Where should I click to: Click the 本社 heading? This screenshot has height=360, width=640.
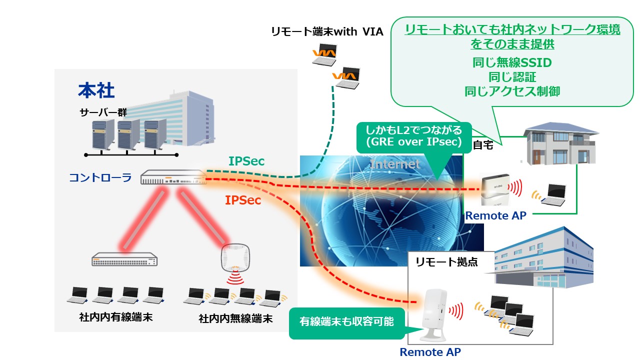coord(96,90)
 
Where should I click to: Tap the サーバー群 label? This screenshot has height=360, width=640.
coord(103,112)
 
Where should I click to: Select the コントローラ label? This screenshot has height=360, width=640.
coord(100,177)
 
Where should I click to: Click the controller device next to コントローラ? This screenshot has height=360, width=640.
coord(173,177)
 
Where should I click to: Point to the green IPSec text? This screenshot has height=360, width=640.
coord(246,161)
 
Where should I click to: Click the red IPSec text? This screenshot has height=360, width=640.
coord(243,200)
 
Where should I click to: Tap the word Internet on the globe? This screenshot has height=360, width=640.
coord(395,163)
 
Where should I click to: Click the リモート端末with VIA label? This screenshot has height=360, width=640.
coord(327,32)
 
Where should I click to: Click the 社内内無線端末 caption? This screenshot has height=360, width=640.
coord(235,318)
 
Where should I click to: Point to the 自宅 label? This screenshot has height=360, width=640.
coord(482,146)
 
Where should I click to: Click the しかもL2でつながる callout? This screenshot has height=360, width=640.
coord(413,135)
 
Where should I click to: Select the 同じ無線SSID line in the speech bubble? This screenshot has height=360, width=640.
coord(512,63)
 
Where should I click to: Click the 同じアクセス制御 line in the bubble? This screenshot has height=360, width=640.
coord(512,91)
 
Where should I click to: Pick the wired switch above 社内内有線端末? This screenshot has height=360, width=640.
coord(124,259)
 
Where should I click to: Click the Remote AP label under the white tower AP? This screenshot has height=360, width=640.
coord(430,352)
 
